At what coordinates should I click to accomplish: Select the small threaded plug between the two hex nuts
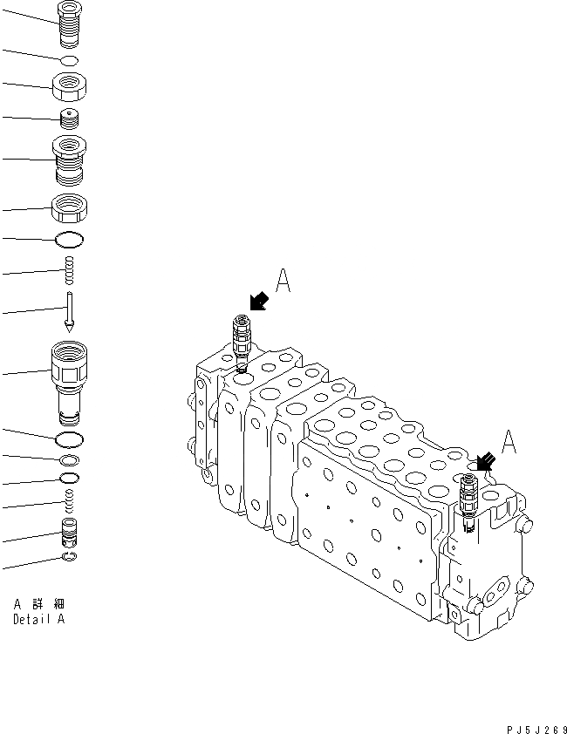click(x=69, y=119)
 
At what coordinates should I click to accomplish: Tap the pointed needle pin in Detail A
click(x=69, y=311)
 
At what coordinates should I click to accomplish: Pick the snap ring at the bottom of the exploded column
click(x=69, y=557)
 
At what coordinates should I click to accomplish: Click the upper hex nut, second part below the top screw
click(x=69, y=86)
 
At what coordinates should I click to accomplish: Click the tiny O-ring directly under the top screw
click(x=69, y=59)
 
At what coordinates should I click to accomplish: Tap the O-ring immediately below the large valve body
click(x=69, y=438)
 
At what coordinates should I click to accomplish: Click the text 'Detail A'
click(x=38, y=620)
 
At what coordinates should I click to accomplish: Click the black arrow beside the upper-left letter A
click(x=258, y=302)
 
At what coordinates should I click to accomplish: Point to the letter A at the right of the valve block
click(x=509, y=442)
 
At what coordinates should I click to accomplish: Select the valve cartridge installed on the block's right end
click(x=468, y=499)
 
